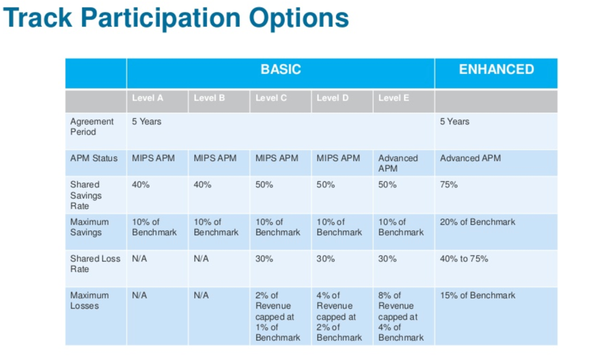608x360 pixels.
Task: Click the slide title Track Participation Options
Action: tap(176, 19)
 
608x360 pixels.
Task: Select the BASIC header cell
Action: tap(280, 70)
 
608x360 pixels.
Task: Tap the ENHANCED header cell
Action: tap(496, 70)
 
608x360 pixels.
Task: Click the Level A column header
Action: tap(148, 98)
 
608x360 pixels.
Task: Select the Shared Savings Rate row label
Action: tap(86, 195)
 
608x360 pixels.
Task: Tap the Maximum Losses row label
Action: tap(89, 301)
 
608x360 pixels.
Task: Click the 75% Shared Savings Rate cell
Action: tap(449, 185)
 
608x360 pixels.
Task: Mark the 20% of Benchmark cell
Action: tap(478, 222)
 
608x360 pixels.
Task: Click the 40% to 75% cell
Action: tap(464, 259)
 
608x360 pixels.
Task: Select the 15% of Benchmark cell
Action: tap(478, 296)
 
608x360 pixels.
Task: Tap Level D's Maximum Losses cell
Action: tap(339, 316)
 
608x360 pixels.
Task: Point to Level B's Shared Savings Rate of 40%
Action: tap(202, 185)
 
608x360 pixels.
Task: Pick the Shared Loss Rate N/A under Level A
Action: tap(139, 259)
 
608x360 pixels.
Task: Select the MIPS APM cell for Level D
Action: tap(338, 158)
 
